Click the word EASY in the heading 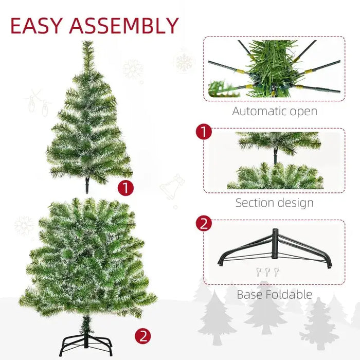pos(35,26)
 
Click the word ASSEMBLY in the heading pos(124,26)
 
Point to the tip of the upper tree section pos(88,44)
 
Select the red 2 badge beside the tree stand pos(142,337)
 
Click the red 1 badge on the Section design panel pos(204,132)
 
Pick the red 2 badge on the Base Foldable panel pos(204,224)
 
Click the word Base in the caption pos(248,295)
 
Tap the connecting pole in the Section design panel pos(275,156)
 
